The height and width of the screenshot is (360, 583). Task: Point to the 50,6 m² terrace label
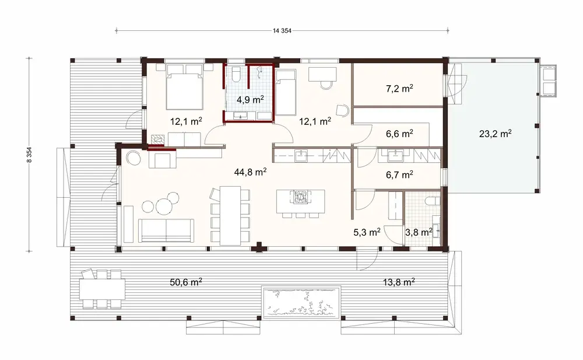pos(186,282)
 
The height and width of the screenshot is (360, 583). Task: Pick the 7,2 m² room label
pos(399,89)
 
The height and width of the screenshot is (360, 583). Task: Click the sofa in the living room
pos(166,230)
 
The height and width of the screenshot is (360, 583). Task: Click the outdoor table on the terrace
pos(102,288)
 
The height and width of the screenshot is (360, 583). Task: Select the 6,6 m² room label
pos(399,134)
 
